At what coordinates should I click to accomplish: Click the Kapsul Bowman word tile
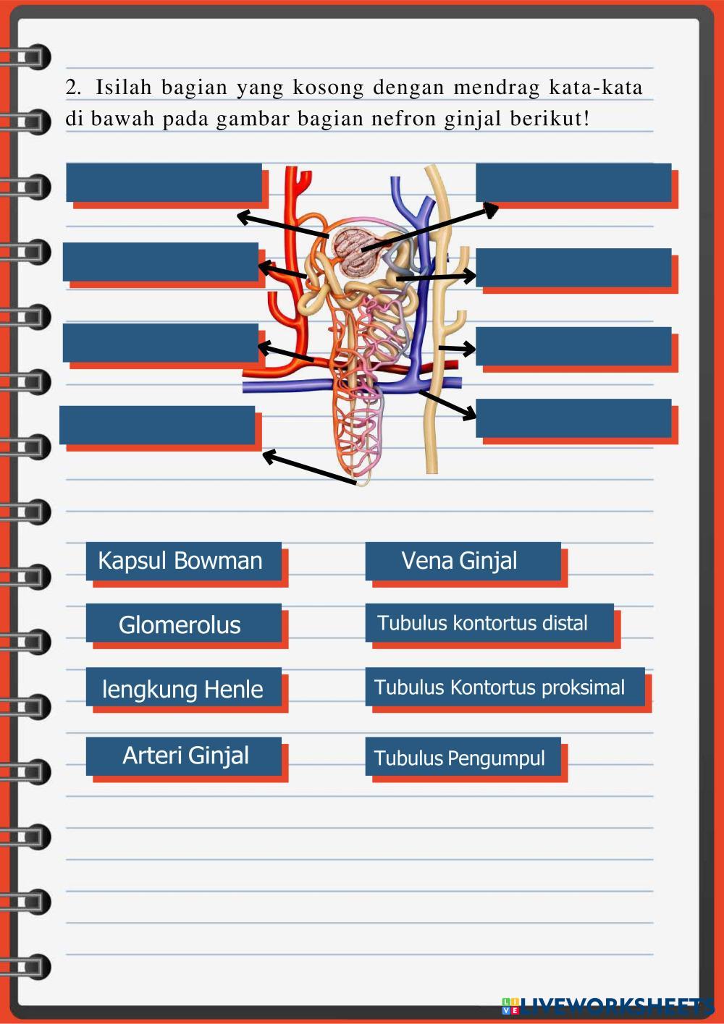tap(183, 561)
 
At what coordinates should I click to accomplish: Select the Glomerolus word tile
tap(183, 624)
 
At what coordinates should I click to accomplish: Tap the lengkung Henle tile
tap(183, 688)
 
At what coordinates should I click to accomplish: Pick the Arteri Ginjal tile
tap(183, 756)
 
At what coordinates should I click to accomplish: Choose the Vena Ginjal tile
tap(462, 561)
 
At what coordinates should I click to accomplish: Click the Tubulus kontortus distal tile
tap(489, 623)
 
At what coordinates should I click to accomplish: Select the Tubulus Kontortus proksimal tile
tap(504, 687)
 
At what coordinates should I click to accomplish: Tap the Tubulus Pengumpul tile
tap(462, 757)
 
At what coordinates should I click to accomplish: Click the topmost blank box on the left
tap(164, 182)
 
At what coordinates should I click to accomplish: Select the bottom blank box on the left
tap(157, 425)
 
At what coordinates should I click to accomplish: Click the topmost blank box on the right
tap(573, 182)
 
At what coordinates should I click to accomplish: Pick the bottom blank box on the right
tap(573, 418)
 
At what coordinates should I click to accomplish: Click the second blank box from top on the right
tap(573, 267)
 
